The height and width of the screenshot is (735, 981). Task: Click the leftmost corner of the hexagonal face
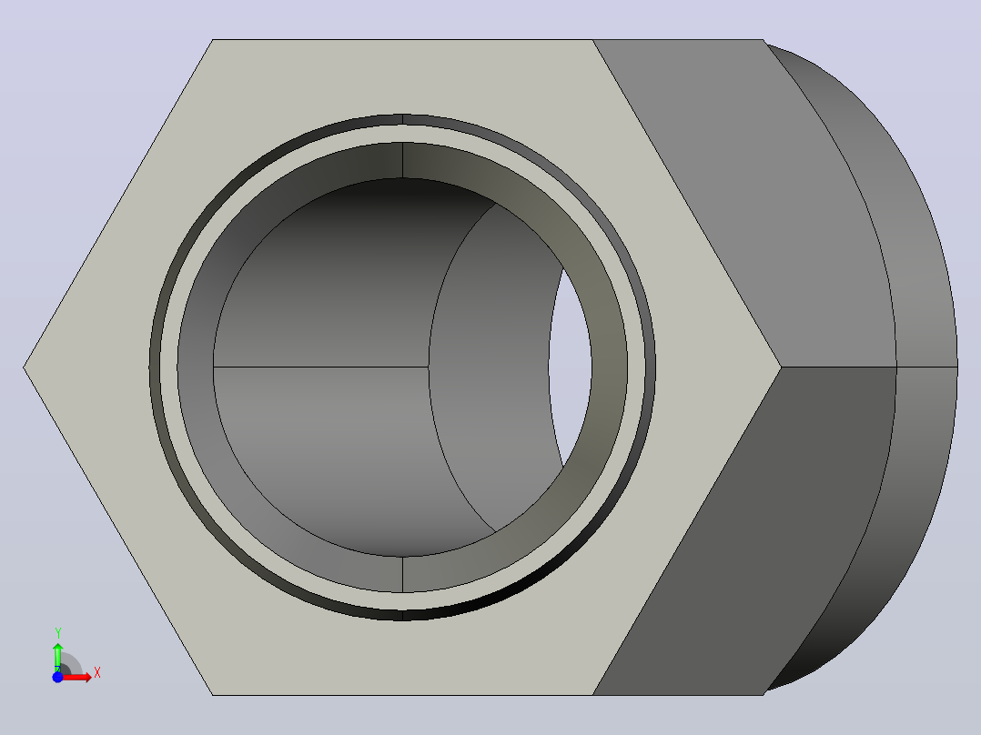(24, 367)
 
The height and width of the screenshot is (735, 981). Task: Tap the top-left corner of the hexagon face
(213, 40)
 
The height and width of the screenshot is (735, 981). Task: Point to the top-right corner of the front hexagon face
(592, 40)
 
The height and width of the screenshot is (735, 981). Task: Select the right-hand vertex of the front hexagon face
(782, 367)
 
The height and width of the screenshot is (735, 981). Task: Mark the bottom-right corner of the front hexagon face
(592, 694)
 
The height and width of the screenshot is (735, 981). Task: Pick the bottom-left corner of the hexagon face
(213, 694)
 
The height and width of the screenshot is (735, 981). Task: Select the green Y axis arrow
(57, 657)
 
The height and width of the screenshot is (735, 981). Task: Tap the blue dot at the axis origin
(57, 677)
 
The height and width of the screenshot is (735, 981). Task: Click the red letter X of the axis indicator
(97, 673)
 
